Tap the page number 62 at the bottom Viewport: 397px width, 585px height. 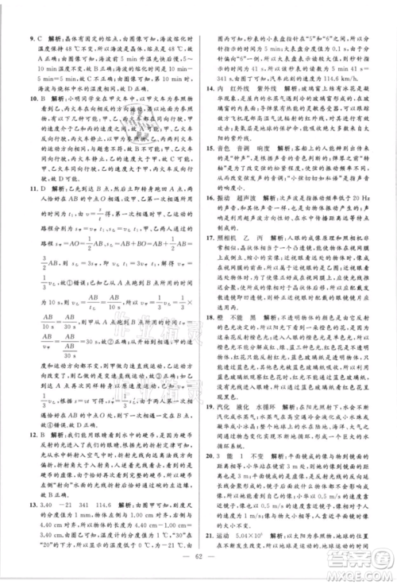coord(198,571)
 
